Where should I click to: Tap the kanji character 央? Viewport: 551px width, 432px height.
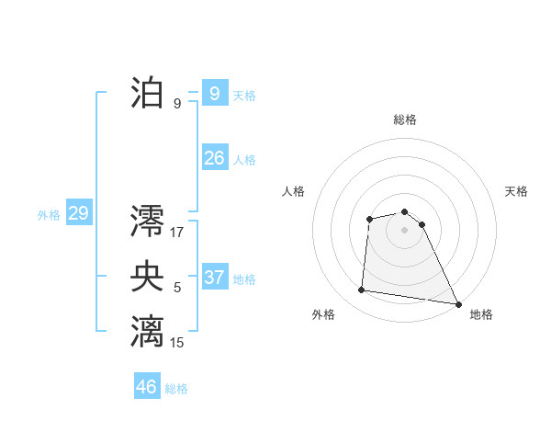(147, 277)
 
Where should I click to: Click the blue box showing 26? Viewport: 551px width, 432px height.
(214, 158)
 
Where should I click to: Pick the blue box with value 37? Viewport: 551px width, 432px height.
(214, 278)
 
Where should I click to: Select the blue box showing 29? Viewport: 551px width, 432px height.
(78, 214)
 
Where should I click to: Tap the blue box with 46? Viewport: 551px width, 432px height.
(147, 386)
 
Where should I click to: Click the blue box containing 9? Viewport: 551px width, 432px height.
(214, 93)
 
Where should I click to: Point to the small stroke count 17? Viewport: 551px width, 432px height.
(177, 232)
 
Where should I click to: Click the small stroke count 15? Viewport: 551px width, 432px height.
(177, 343)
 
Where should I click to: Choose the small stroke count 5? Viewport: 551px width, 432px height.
(177, 288)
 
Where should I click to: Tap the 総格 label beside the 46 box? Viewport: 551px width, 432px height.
(176, 389)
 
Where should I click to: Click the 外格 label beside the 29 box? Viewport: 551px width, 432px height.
(49, 215)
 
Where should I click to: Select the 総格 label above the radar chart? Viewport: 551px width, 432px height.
(405, 119)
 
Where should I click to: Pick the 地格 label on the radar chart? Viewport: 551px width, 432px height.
(481, 314)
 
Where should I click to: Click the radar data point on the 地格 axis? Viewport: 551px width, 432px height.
(458, 303)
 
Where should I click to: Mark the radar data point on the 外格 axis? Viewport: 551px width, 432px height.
(362, 290)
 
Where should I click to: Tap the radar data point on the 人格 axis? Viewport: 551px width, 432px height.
(369, 219)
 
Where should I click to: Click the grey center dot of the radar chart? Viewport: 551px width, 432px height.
(405, 230)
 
